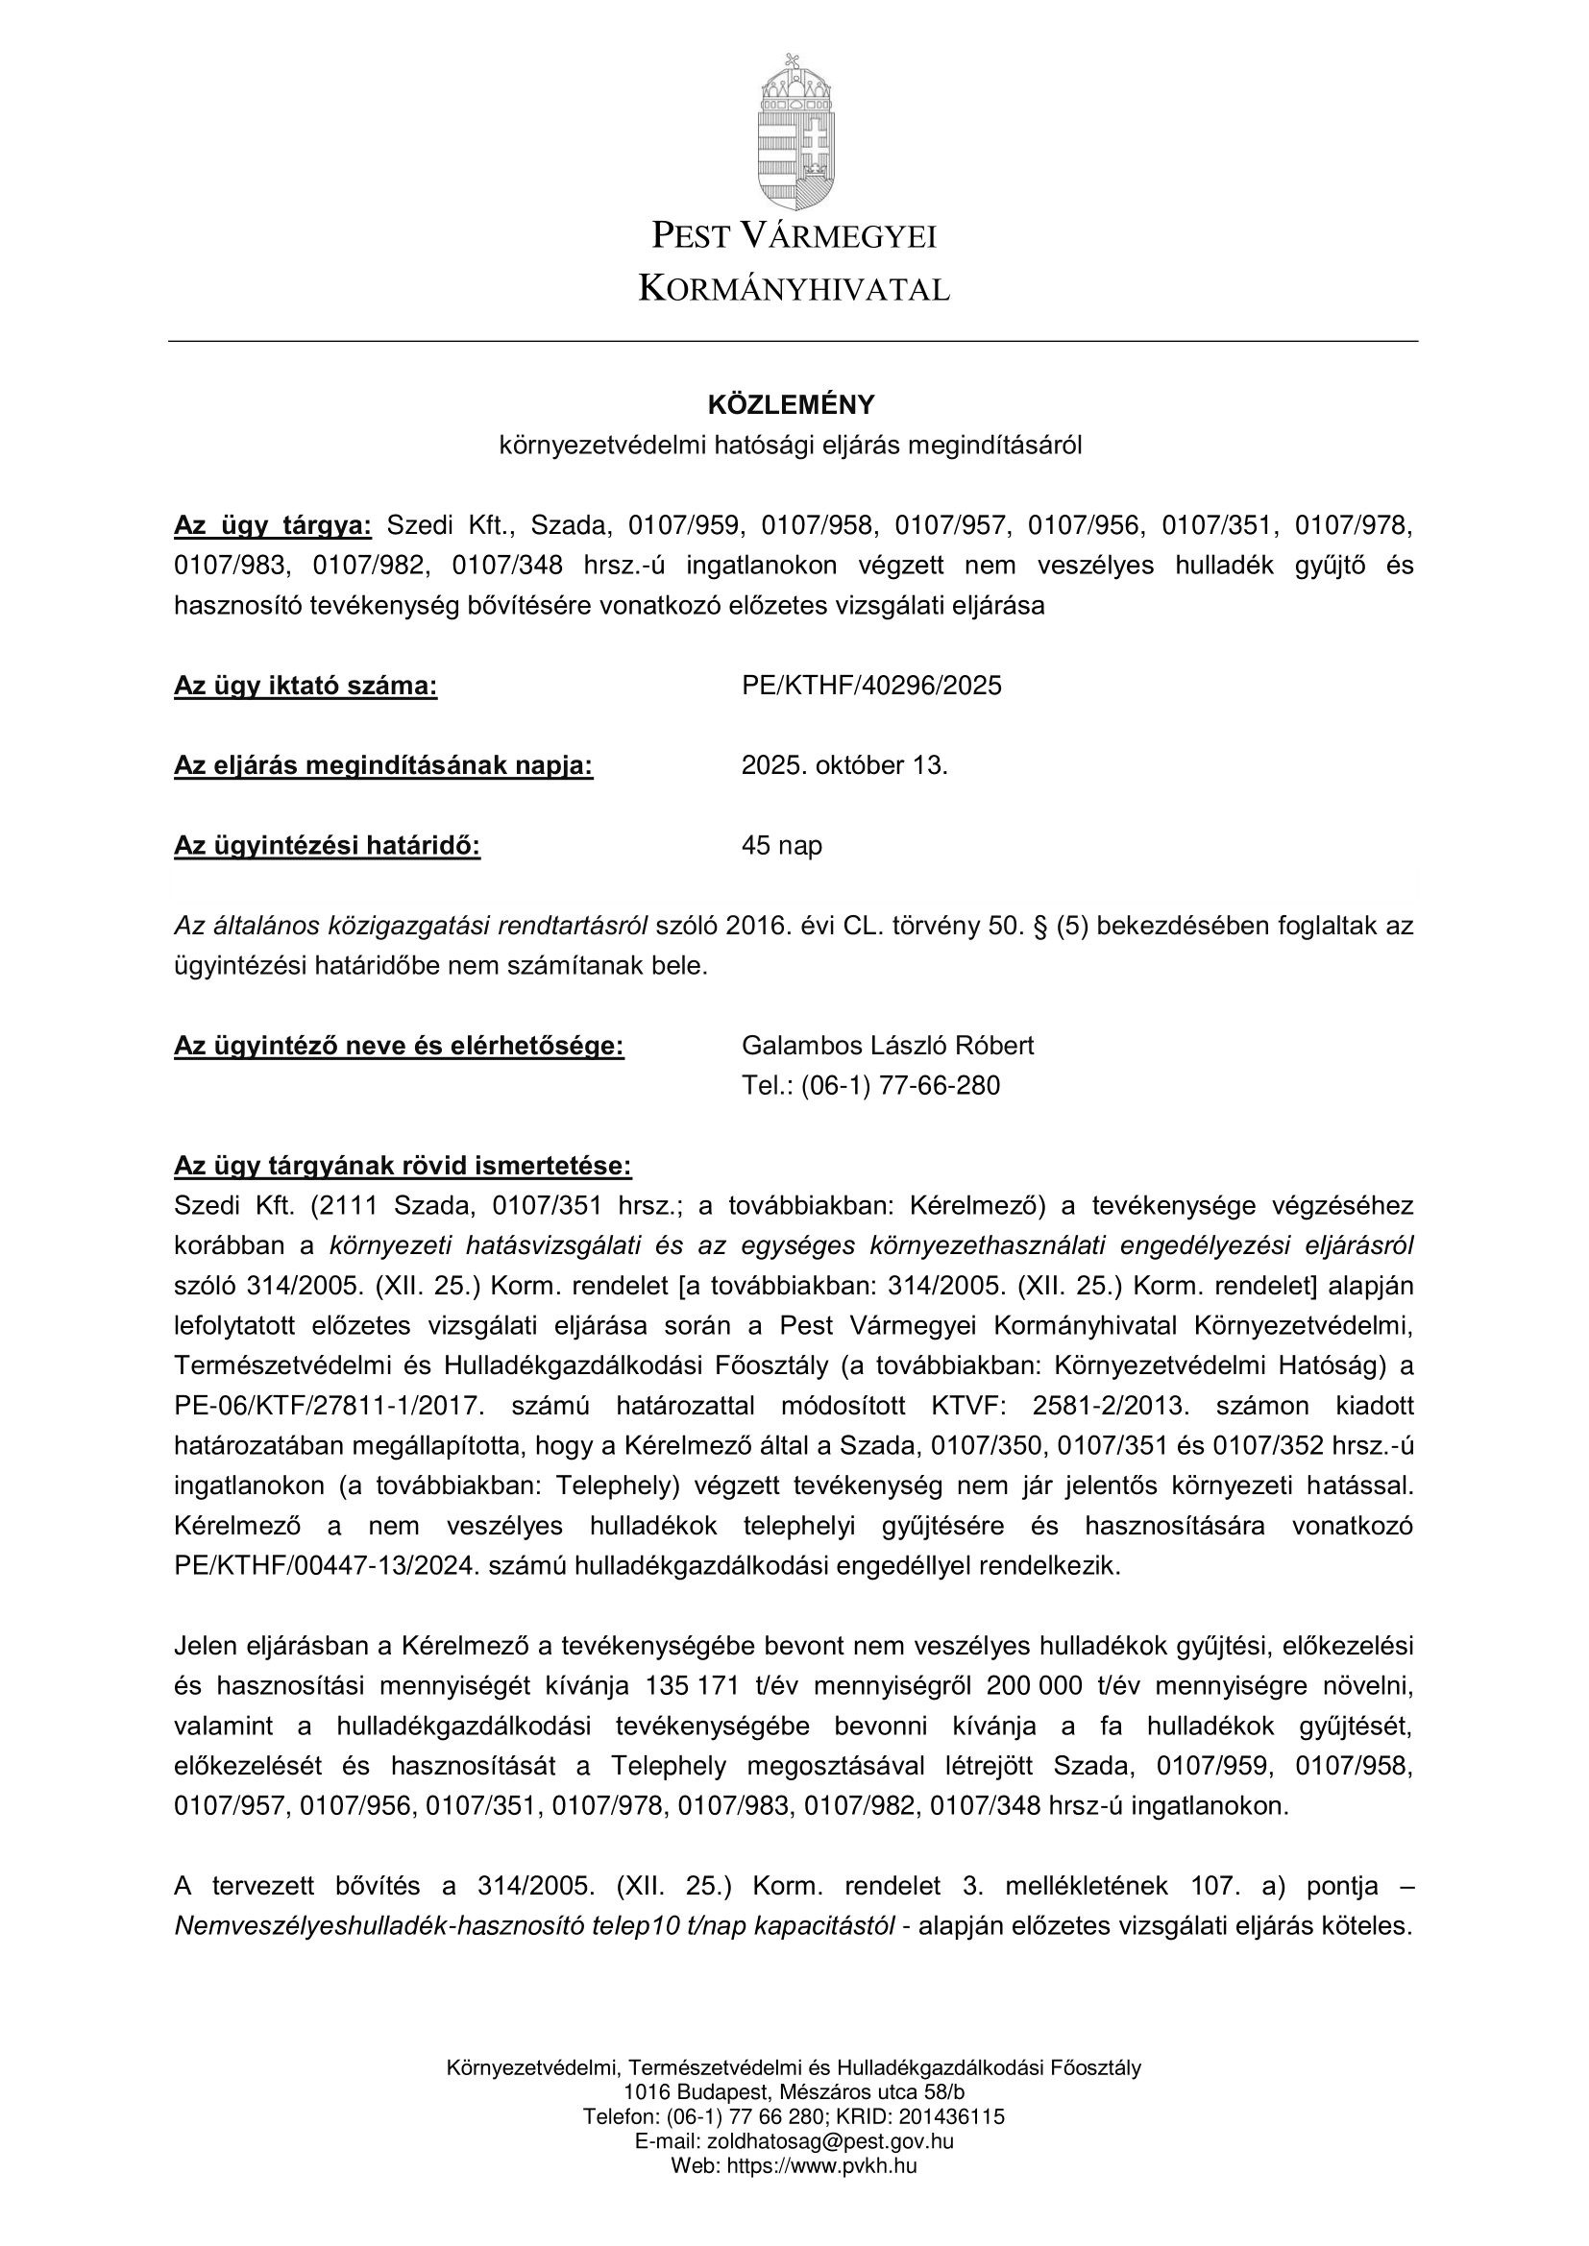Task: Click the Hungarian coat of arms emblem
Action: (x=794, y=132)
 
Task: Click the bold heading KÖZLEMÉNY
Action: (x=792, y=405)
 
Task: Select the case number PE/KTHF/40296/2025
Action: (x=871, y=686)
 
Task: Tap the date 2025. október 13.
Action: (x=844, y=765)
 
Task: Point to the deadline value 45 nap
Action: (x=782, y=845)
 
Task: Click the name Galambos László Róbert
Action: (x=888, y=1046)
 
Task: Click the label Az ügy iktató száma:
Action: (x=306, y=686)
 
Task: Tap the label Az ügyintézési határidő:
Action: (x=327, y=845)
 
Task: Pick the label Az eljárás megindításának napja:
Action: (x=383, y=765)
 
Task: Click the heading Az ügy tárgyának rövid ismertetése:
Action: (x=403, y=1166)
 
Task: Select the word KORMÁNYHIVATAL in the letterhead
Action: (x=794, y=290)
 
